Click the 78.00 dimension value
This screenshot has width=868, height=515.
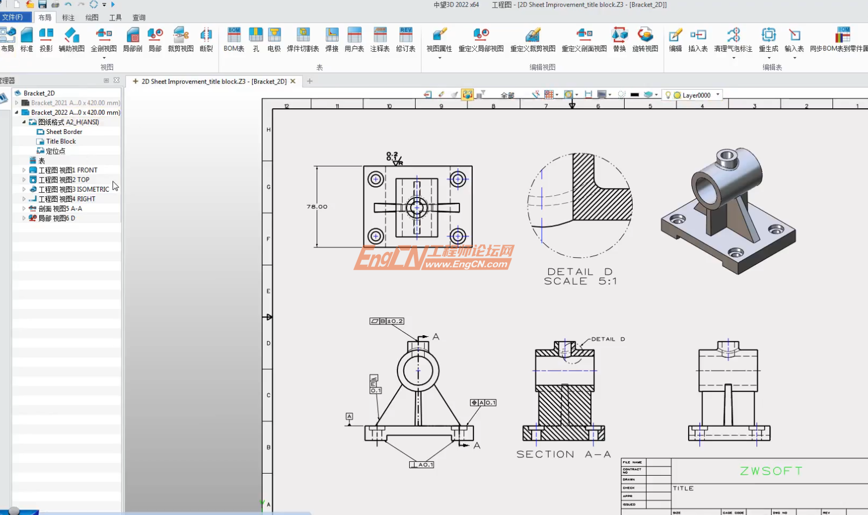317,207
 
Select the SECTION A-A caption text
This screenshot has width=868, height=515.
563,454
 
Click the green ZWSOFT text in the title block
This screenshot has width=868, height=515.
771,471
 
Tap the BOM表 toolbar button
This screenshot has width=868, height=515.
234,40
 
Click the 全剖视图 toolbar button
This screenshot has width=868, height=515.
104,40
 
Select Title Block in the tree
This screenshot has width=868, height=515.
61,142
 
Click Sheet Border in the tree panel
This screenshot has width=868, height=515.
64,132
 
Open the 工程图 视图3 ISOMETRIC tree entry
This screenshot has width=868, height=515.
74,189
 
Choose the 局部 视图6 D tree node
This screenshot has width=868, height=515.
57,218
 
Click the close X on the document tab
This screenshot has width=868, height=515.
293,81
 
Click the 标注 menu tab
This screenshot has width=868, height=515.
68,18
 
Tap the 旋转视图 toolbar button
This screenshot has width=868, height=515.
645,40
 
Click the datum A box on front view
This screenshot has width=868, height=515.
349,417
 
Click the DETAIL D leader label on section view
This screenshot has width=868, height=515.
607,339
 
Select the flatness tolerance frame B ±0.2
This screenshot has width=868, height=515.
387,321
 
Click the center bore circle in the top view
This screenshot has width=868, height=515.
417,207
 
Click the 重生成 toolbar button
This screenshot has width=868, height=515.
768,40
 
